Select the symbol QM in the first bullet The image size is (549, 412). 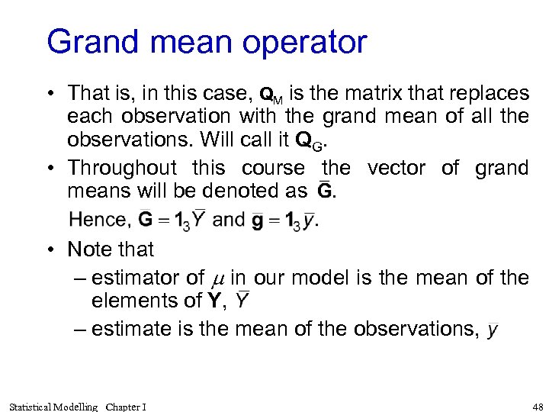point(271,95)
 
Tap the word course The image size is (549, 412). point(274,168)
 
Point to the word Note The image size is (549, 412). point(87,249)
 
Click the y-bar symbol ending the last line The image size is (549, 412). point(493,330)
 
